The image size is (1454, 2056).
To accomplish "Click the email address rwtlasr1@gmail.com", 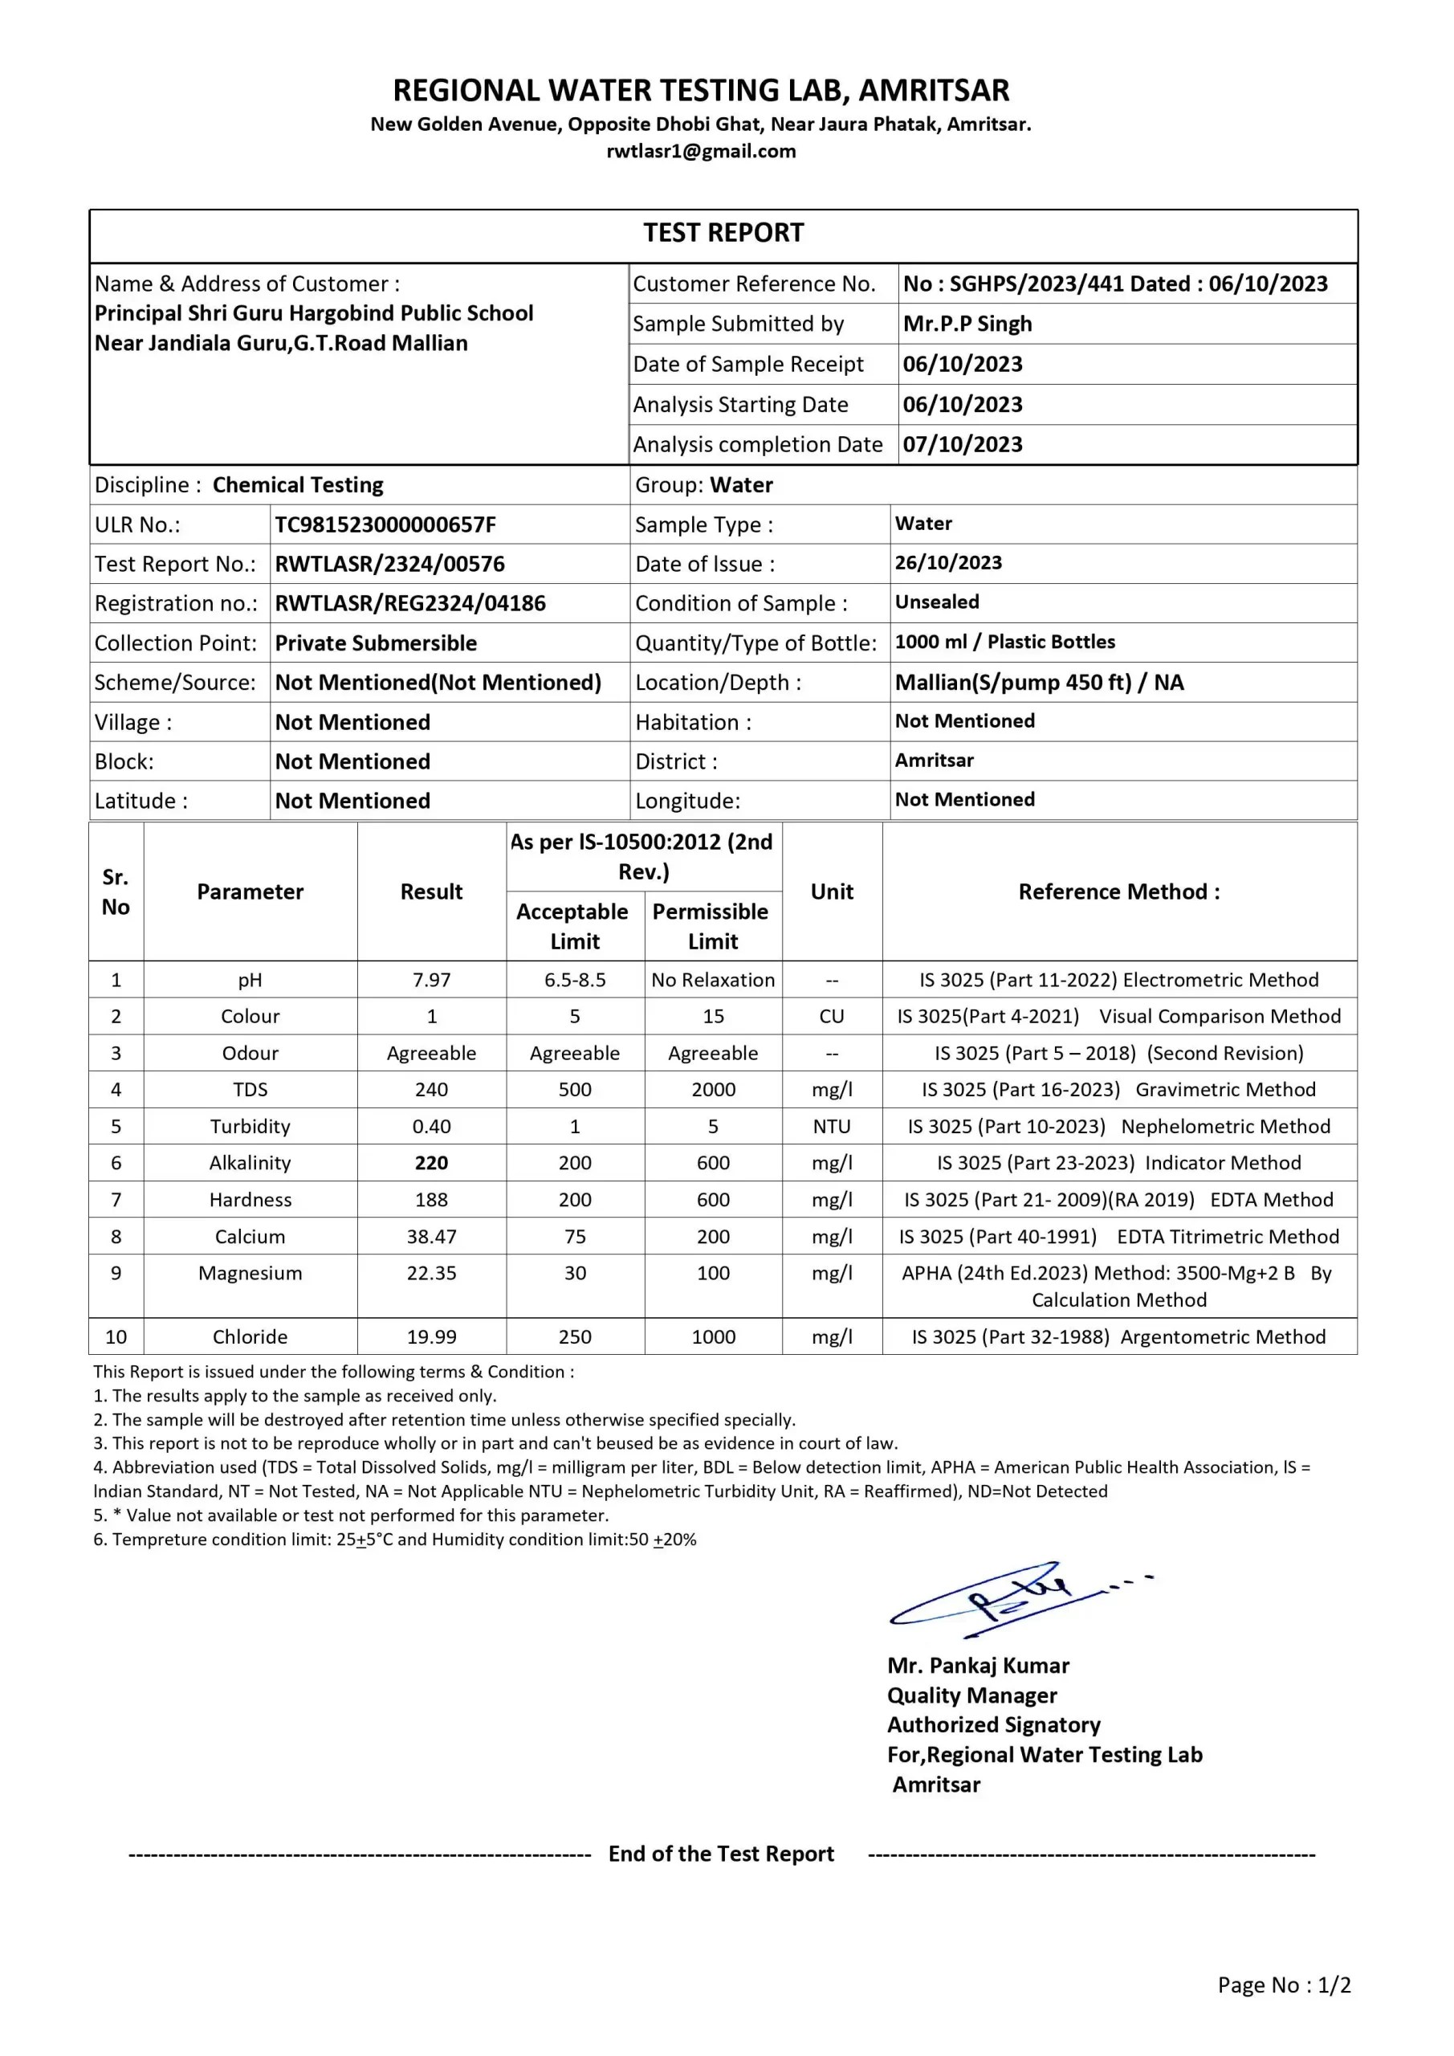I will [x=701, y=151].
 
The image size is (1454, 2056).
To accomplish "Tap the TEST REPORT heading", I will [x=723, y=233].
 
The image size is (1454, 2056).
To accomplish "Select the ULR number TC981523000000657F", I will [x=385, y=524].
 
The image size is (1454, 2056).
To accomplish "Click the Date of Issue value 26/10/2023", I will [x=948, y=562].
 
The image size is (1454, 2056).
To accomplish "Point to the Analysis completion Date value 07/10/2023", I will [x=963, y=444].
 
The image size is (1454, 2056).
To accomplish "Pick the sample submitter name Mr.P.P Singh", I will [x=967, y=324].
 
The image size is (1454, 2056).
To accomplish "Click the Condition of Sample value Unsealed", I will [x=936, y=602].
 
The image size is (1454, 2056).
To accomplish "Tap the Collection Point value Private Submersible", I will [x=375, y=643].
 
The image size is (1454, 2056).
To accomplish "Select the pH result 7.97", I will [x=432, y=980].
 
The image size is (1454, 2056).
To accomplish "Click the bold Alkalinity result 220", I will [x=432, y=1162].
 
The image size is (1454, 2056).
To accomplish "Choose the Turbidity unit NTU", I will [x=832, y=1127].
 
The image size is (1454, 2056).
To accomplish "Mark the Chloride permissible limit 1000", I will [x=713, y=1337].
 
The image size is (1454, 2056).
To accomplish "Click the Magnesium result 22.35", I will [x=432, y=1272].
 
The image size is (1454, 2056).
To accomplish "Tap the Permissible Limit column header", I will [x=713, y=926].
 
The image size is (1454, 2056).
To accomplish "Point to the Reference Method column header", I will [x=1119, y=892].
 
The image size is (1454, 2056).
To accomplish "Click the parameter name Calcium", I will [x=250, y=1237].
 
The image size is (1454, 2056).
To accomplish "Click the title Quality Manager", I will [x=971, y=1695].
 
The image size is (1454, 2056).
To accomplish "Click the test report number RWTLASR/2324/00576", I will [x=389, y=564].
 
